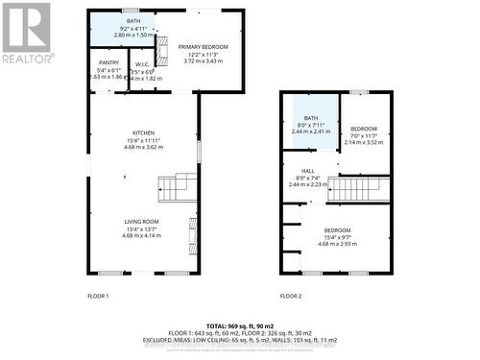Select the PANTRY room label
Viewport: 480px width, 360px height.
click(108, 62)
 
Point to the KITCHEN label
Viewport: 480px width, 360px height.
click(144, 132)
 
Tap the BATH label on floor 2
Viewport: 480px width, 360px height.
click(311, 117)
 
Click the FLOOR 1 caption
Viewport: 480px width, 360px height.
click(99, 296)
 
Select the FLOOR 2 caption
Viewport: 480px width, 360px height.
click(291, 296)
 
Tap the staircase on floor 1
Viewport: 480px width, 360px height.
click(176, 186)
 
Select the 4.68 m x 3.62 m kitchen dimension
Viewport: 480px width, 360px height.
click(144, 147)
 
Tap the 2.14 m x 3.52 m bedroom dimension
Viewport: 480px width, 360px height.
click(363, 142)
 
